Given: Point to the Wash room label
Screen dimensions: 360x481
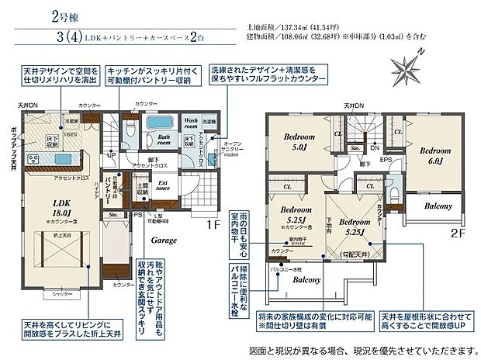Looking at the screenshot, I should click(192, 121).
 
